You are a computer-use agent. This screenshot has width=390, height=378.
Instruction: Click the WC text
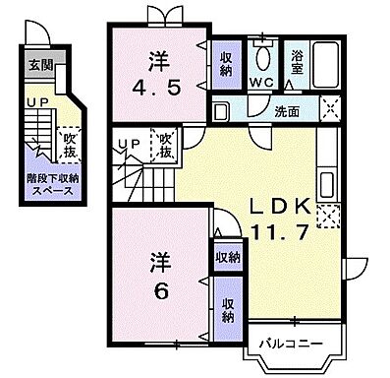click(x=260, y=83)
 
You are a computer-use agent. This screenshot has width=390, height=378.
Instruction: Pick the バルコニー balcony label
click(x=289, y=344)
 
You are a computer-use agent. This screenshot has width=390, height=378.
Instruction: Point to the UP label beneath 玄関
click(x=38, y=103)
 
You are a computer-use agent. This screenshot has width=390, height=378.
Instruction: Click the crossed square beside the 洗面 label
click(x=330, y=109)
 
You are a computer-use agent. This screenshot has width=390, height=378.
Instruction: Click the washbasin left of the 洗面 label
click(x=222, y=109)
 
